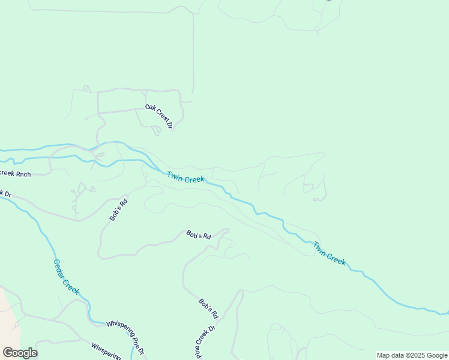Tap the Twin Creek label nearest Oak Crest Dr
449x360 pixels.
coord(185,178)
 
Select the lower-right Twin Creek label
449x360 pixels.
coord(329,253)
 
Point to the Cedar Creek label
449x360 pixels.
coord(66,276)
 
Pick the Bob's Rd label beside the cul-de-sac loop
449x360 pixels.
coord(199,235)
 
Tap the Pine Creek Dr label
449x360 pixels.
coord(205,343)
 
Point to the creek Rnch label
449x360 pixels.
coord(15,174)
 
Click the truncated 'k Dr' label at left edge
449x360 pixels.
coord(5,194)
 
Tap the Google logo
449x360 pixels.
coord(20,353)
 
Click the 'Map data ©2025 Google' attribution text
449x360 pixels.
coord(412,355)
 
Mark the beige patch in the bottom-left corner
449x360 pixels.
coord(8,318)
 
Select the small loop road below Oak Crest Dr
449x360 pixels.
coord(156,130)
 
